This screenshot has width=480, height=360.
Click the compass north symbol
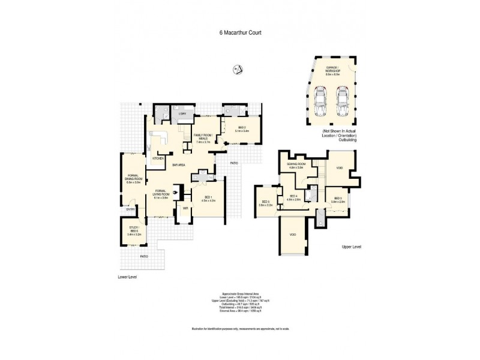pos(236,70)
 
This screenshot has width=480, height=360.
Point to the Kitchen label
pos(158,158)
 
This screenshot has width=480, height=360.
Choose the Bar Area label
pos(178,164)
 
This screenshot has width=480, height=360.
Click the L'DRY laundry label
pos(182,114)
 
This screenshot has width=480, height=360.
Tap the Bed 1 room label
pos(208,199)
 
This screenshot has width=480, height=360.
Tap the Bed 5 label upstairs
pos(265,203)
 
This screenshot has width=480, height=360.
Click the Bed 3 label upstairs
pos(337,199)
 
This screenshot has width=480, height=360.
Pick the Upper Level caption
pos(351,247)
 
